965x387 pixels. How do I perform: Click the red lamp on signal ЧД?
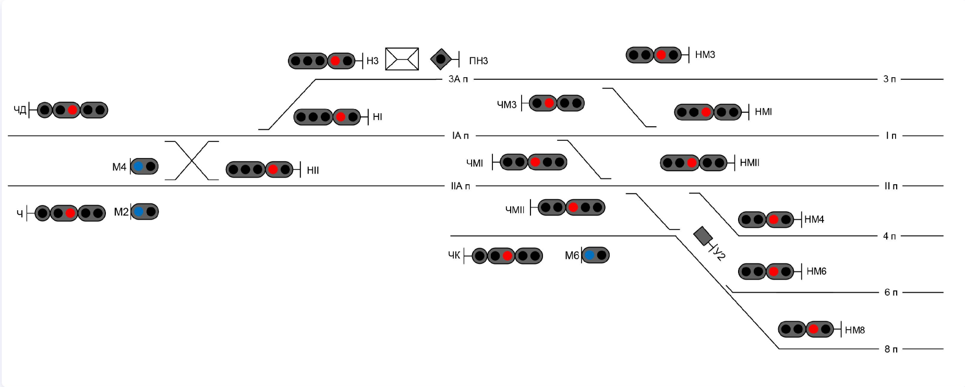[73, 110]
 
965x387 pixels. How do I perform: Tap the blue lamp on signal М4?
[138, 166]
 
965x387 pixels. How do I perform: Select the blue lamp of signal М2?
[138, 212]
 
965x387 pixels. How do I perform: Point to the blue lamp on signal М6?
[589, 255]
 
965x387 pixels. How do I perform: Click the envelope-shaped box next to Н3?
[402, 59]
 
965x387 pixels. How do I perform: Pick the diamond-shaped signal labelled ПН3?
[441, 59]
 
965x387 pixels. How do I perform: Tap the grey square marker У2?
[703, 236]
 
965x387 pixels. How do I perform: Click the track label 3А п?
[458, 79]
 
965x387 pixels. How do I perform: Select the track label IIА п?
[460, 186]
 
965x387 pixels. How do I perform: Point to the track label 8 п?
[890, 349]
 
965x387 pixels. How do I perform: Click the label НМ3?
[705, 55]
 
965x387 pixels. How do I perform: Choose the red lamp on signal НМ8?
[813, 330]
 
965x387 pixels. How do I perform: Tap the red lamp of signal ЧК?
[508, 256]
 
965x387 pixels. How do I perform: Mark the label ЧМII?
[515, 210]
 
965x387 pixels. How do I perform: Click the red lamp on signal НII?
[272, 170]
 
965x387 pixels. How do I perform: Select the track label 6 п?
[890, 292]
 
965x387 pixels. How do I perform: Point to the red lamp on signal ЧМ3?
[549, 103]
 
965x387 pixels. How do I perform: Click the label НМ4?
[814, 220]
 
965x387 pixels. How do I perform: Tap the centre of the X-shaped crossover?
[192, 161]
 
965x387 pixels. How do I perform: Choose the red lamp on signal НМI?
[706, 112]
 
